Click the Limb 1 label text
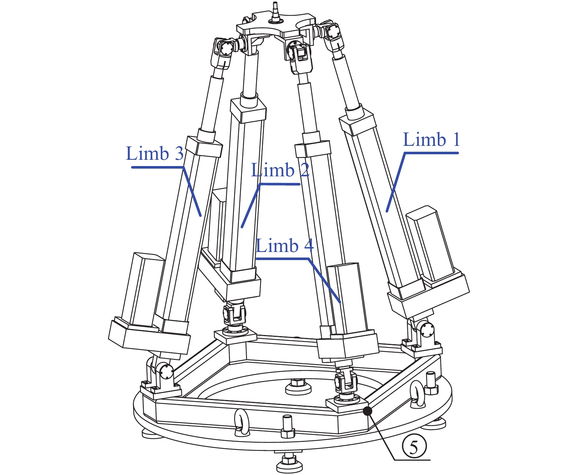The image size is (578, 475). point(431,140)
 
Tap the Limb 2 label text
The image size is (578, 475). point(280,170)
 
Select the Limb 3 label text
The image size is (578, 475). point(155,153)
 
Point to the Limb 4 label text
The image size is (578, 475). point(284,245)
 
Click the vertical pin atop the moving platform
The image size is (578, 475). point(275,13)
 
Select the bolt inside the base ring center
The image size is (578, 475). point(298,386)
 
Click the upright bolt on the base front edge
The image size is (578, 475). point(287,426)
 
